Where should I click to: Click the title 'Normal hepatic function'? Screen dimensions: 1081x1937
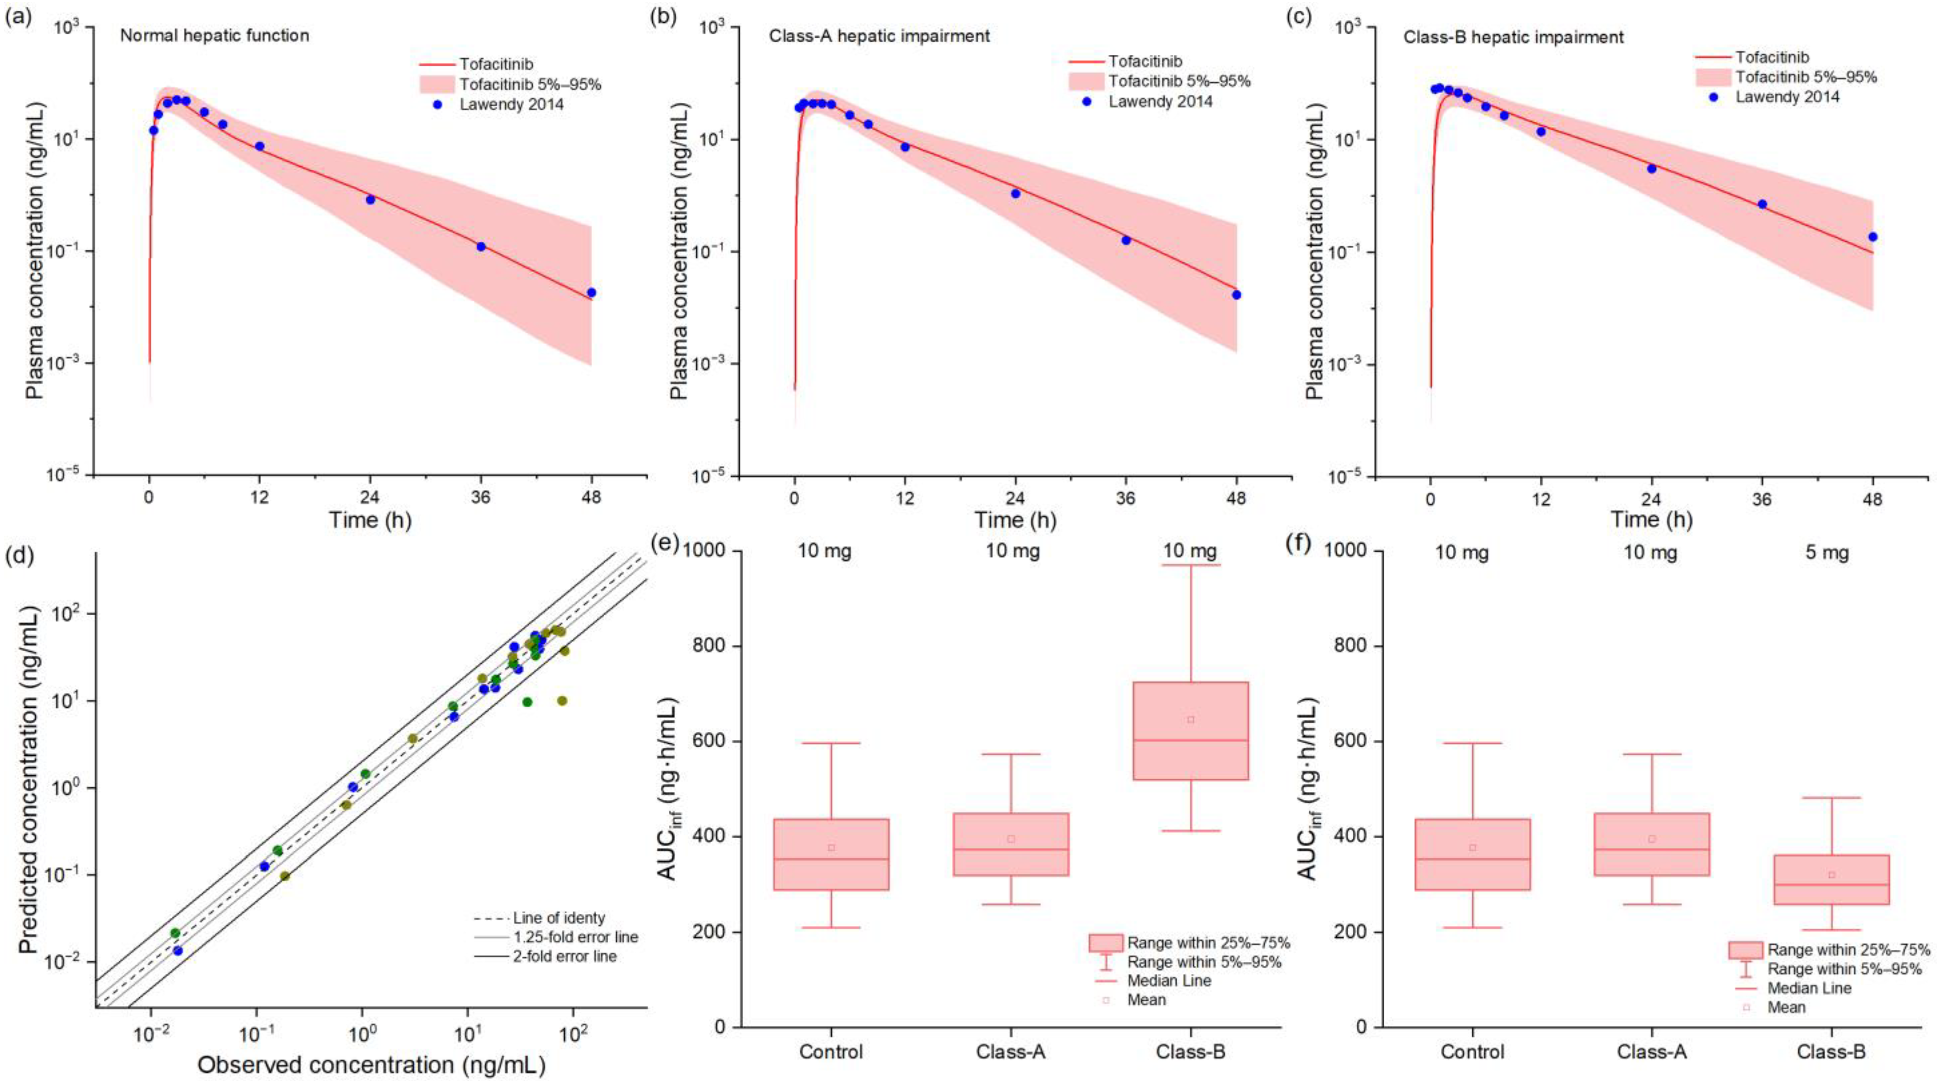coord(214,35)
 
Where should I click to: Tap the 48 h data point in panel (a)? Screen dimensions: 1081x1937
coord(591,292)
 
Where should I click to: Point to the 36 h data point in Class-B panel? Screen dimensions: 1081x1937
coord(1762,204)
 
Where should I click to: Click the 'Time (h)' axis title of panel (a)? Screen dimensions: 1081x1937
coord(370,520)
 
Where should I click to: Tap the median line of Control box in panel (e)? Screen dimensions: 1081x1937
coord(832,859)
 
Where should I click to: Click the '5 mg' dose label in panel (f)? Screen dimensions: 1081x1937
coord(1827,553)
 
